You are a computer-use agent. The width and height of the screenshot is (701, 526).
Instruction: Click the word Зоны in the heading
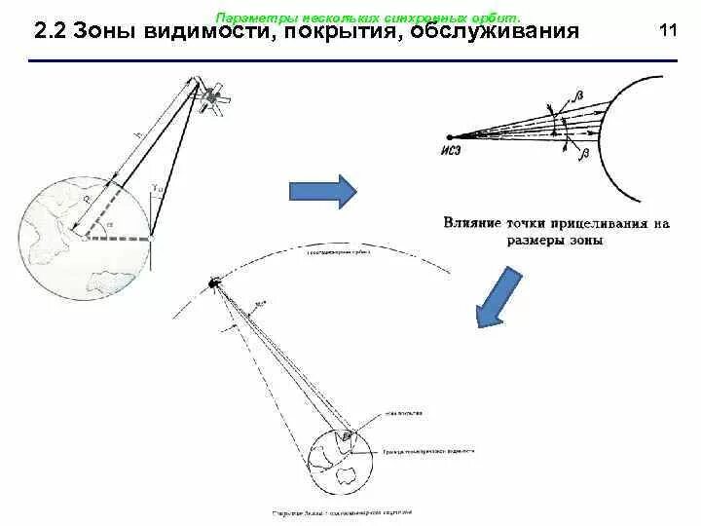point(105,32)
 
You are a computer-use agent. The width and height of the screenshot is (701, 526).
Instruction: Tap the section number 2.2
point(50,32)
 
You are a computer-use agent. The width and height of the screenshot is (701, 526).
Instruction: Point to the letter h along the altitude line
point(139,134)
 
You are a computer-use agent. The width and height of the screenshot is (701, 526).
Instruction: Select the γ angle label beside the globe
point(157,188)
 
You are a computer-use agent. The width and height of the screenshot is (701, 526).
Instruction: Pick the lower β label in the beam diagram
point(581,153)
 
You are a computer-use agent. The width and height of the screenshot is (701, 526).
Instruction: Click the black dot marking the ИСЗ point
point(449,137)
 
